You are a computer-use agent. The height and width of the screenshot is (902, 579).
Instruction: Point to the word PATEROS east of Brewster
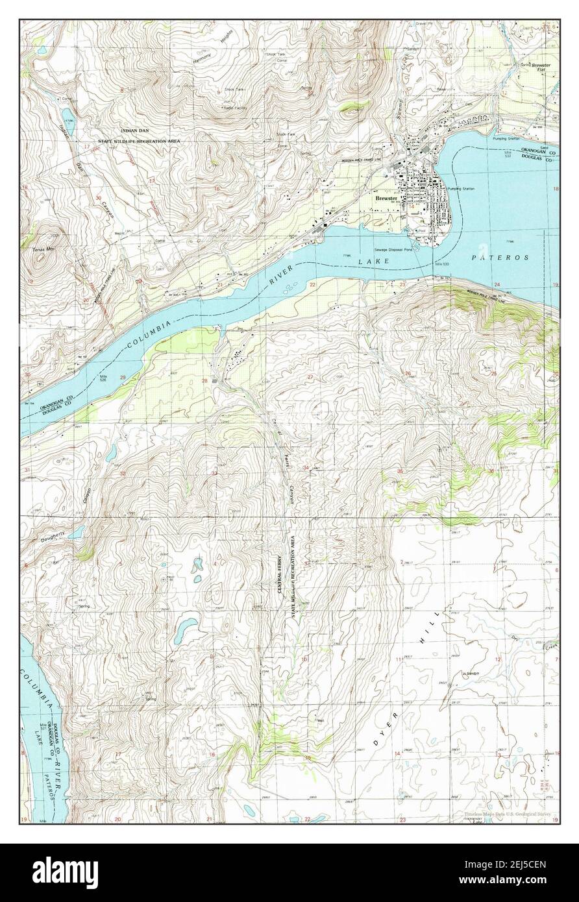[x=493, y=258]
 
